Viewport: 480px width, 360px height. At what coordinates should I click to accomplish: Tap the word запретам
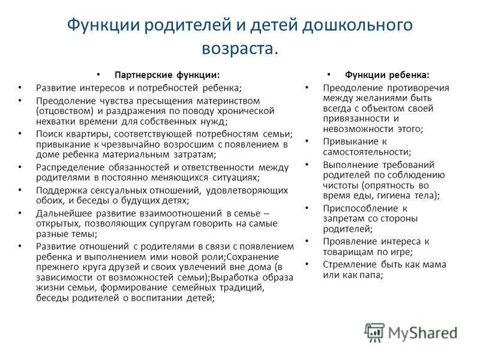343,218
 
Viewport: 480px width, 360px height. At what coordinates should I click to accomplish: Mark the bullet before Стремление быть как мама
307,263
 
